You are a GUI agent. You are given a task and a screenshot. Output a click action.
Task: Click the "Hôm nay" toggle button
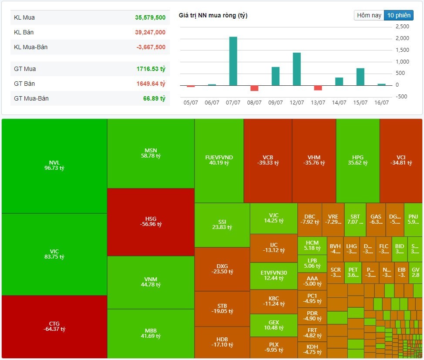click(369, 15)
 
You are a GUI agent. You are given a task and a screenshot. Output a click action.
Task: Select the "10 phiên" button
click(398, 15)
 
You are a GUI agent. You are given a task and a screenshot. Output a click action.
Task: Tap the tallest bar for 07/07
click(233, 61)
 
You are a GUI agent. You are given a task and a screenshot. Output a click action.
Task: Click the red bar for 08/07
click(254, 88)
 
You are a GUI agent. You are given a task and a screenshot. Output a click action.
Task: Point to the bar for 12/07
click(297, 69)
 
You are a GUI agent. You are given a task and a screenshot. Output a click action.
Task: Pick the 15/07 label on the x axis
click(360, 103)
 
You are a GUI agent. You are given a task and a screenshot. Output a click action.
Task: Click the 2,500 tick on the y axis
click(403, 27)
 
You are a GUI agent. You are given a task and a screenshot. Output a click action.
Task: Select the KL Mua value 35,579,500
click(150, 18)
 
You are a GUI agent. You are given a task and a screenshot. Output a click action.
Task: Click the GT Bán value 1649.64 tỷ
click(150, 84)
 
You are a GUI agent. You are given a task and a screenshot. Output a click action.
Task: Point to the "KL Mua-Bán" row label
click(31, 47)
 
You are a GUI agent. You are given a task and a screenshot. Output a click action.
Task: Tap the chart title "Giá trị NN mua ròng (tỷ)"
click(213, 16)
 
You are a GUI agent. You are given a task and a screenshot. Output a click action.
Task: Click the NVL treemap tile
click(54, 165)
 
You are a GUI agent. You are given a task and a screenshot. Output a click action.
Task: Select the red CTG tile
click(54, 326)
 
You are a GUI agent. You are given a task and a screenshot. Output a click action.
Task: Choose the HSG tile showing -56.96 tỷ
click(151, 222)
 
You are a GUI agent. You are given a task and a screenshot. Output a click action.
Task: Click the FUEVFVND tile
click(219, 160)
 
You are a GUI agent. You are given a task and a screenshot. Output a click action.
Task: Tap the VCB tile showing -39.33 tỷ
click(268, 160)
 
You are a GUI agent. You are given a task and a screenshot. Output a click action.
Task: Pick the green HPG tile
click(357, 160)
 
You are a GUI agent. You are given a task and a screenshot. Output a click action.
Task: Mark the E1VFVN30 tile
click(273, 275)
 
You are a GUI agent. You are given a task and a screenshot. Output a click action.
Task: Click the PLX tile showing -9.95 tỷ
click(273, 346)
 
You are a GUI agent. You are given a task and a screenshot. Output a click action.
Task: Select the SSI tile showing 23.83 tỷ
click(222, 225)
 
